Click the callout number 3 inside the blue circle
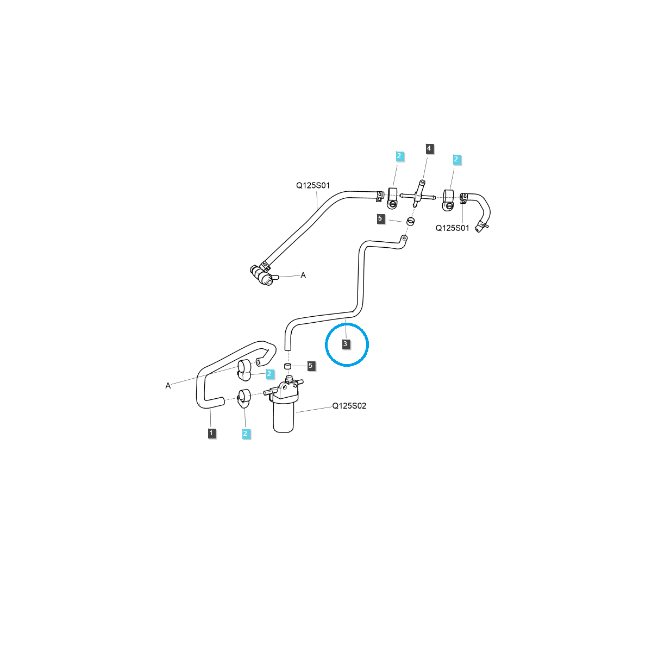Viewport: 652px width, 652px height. [x=345, y=344]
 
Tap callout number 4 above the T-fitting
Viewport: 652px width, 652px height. [x=429, y=148]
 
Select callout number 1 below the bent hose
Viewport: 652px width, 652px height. [x=212, y=433]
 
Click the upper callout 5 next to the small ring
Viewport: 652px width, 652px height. [x=380, y=218]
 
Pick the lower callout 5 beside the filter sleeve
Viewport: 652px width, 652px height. [x=311, y=366]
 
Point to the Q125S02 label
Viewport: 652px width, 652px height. [x=349, y=406]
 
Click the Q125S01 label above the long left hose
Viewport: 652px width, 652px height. [x=312, y=185]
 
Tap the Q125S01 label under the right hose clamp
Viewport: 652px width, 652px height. [x=452, y=228]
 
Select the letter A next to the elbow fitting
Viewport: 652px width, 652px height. [x=303, y=275]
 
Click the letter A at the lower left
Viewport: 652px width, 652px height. [x=168, y=386]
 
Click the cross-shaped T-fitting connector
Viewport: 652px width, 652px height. [x=417, y=196]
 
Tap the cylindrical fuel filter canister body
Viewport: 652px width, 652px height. [x=283, y=417]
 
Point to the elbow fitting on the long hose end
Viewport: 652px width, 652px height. [x=262, y=275]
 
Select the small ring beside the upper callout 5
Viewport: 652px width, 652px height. [x=411, y=221]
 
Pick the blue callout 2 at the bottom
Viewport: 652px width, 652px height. [x=246, y=433]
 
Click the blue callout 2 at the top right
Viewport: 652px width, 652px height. [x=456, y=160]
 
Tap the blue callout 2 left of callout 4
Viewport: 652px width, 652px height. [x=399, y=156]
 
